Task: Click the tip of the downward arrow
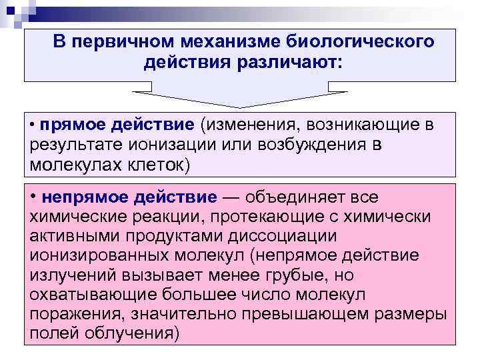tap(239, 107)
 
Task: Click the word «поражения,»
tap(77, 314)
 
